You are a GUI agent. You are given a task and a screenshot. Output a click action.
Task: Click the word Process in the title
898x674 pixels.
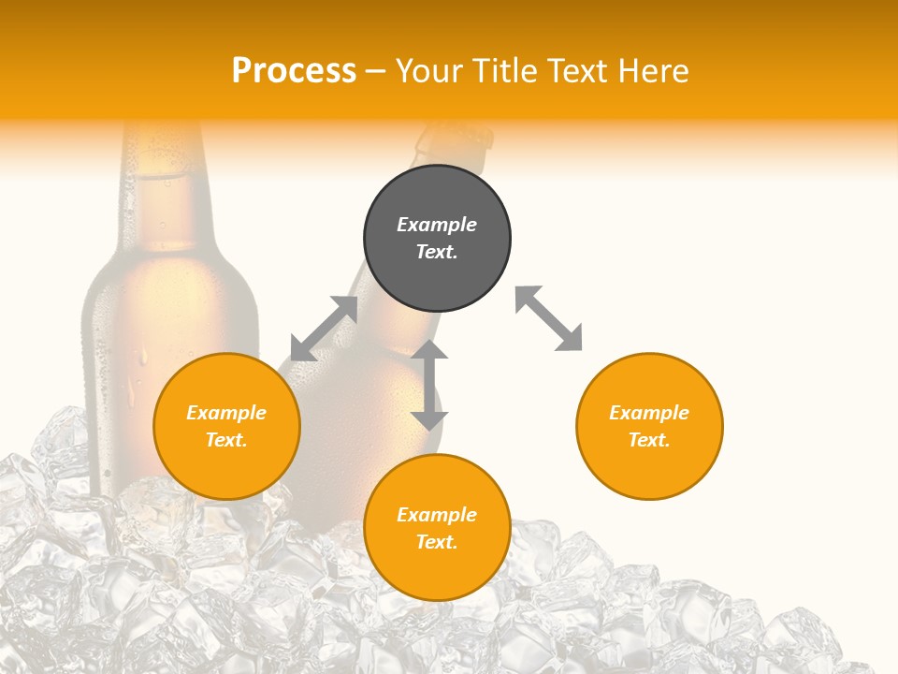click(294, 70)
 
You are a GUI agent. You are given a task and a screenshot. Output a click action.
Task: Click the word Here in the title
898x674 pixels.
click(652, 70)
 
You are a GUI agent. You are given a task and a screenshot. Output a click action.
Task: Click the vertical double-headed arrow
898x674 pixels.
click(429, 385)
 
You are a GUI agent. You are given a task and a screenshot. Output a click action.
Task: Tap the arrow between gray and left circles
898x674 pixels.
click(324, 329)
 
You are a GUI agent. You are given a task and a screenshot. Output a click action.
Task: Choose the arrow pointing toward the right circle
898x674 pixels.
click(549, 318)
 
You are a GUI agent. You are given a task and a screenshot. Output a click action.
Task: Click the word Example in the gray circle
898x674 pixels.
click(437, 225)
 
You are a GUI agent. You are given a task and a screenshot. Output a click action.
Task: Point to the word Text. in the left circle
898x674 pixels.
click(226, 440)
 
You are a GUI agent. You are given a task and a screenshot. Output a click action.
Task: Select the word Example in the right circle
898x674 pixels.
click(649, 413)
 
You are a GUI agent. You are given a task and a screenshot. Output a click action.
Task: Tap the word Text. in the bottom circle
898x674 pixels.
click(437, 542)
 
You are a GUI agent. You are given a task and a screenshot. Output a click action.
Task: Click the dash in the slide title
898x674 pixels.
click(376, 72)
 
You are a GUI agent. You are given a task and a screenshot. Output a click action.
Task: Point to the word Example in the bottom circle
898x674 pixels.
click(437, 515)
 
